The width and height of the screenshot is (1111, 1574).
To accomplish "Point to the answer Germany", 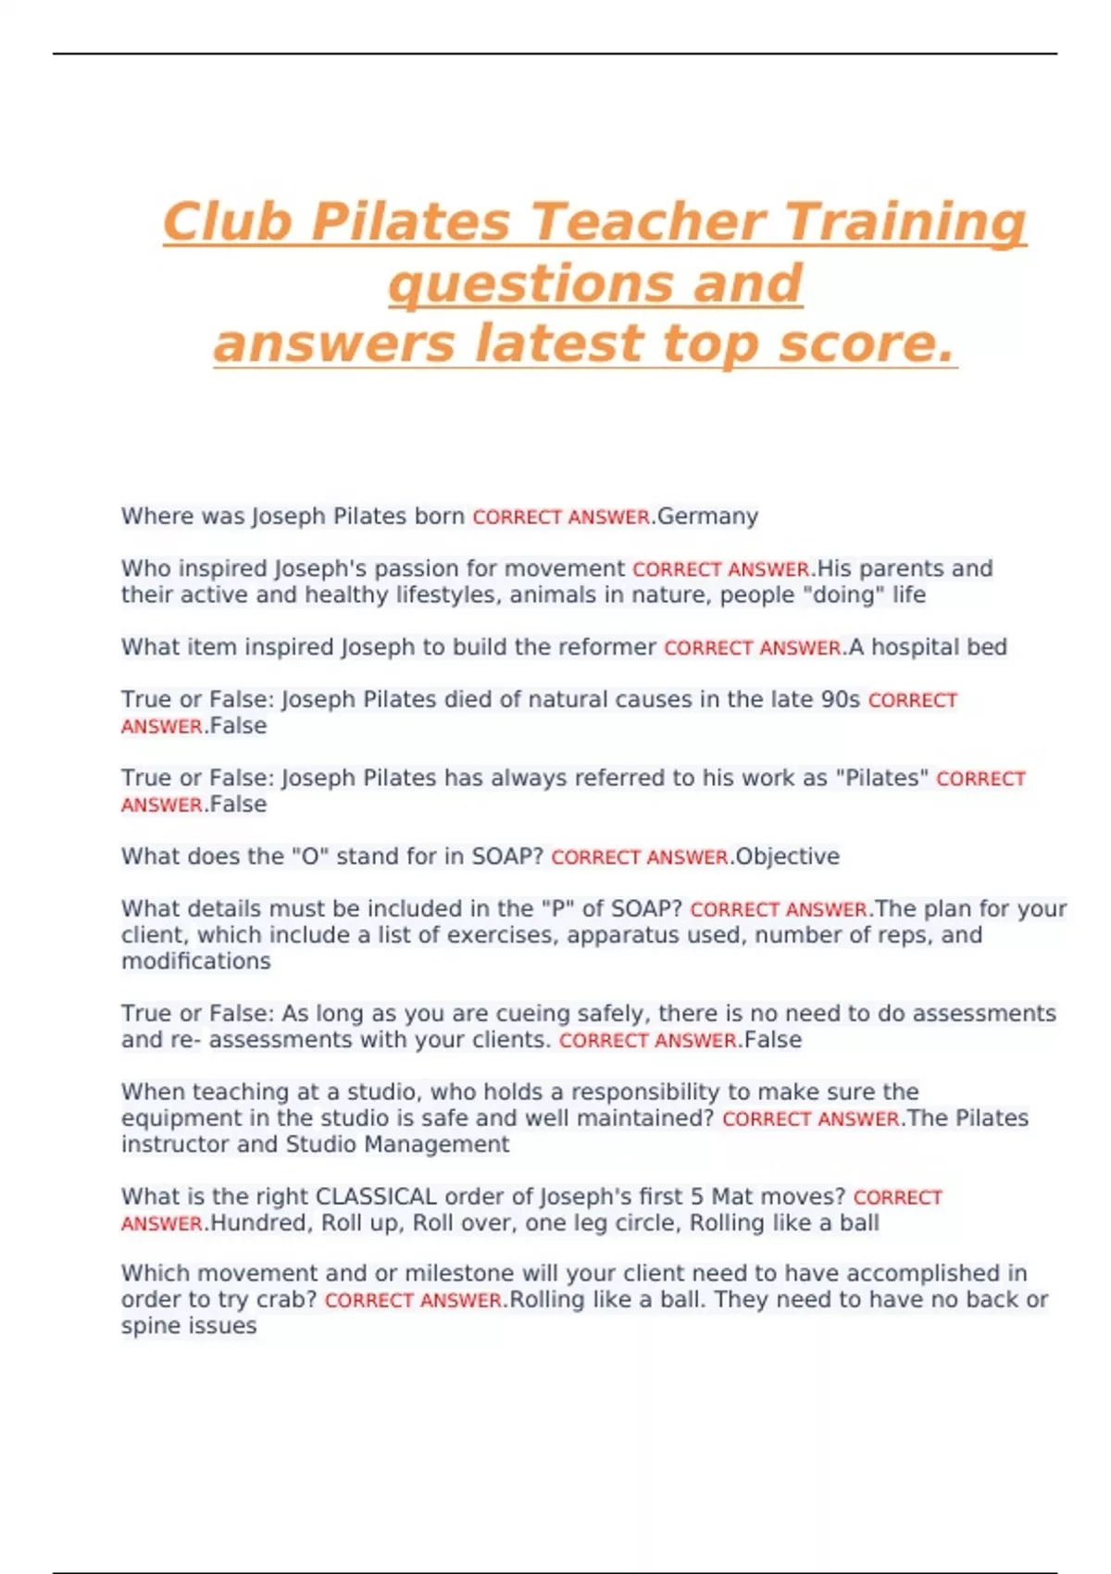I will pos(707,517).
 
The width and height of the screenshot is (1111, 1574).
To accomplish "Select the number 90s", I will pos(841,700).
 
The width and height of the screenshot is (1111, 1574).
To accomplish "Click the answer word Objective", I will pos(787,857).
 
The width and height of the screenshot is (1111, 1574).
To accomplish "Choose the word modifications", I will pos(196,962).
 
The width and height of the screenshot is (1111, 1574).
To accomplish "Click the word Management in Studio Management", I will pos(436,1145).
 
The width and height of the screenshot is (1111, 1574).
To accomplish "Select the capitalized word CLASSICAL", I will pos(376,1197).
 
